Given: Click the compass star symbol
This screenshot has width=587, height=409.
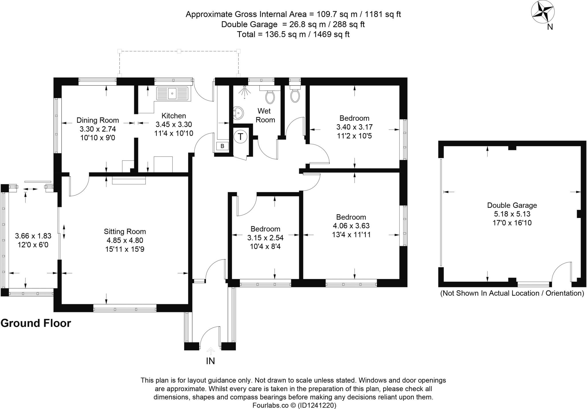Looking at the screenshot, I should pyautogui.click(x=543, y=12).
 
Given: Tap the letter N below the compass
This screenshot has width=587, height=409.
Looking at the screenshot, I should pyautogui.click(x=550, y=27).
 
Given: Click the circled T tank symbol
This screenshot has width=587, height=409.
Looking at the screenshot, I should pyautogui.click(x=240, y=137).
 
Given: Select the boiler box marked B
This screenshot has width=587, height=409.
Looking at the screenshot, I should pyautogui.click(x=222, y=146).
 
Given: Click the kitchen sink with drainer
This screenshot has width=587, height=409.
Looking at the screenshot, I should pyautogui.click(x=173, y=94).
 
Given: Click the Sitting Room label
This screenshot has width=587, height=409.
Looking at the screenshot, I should pyautogui.click(x=125, y=231).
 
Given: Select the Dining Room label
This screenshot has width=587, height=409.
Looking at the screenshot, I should pyautogui.click(x=97, y=120).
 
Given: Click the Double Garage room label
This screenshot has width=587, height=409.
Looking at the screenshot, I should pyautogui.click(x=512, y=205).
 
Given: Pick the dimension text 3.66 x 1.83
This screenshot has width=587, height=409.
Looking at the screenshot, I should pyautogui.click(x=33, y=236).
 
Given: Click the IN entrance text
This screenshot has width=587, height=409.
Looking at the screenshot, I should pyautogui.click(x=210, y=361).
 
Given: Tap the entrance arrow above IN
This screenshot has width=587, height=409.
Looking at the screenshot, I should pyautogui.click(x=211, y=351).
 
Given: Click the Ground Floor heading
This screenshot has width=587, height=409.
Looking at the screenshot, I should pyautogui.click(x=36, y=323).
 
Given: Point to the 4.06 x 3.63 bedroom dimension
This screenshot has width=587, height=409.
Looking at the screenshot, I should pyautogui.click(x=351, y=226).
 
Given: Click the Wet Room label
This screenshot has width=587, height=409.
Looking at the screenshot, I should pyautogui.click(x=265, y=115).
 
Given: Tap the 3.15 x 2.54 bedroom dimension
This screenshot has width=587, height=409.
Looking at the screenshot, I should pyautogui.click(x=265, y=238).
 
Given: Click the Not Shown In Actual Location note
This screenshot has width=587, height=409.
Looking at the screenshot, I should pyautogui.click(x=512, y=293).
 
